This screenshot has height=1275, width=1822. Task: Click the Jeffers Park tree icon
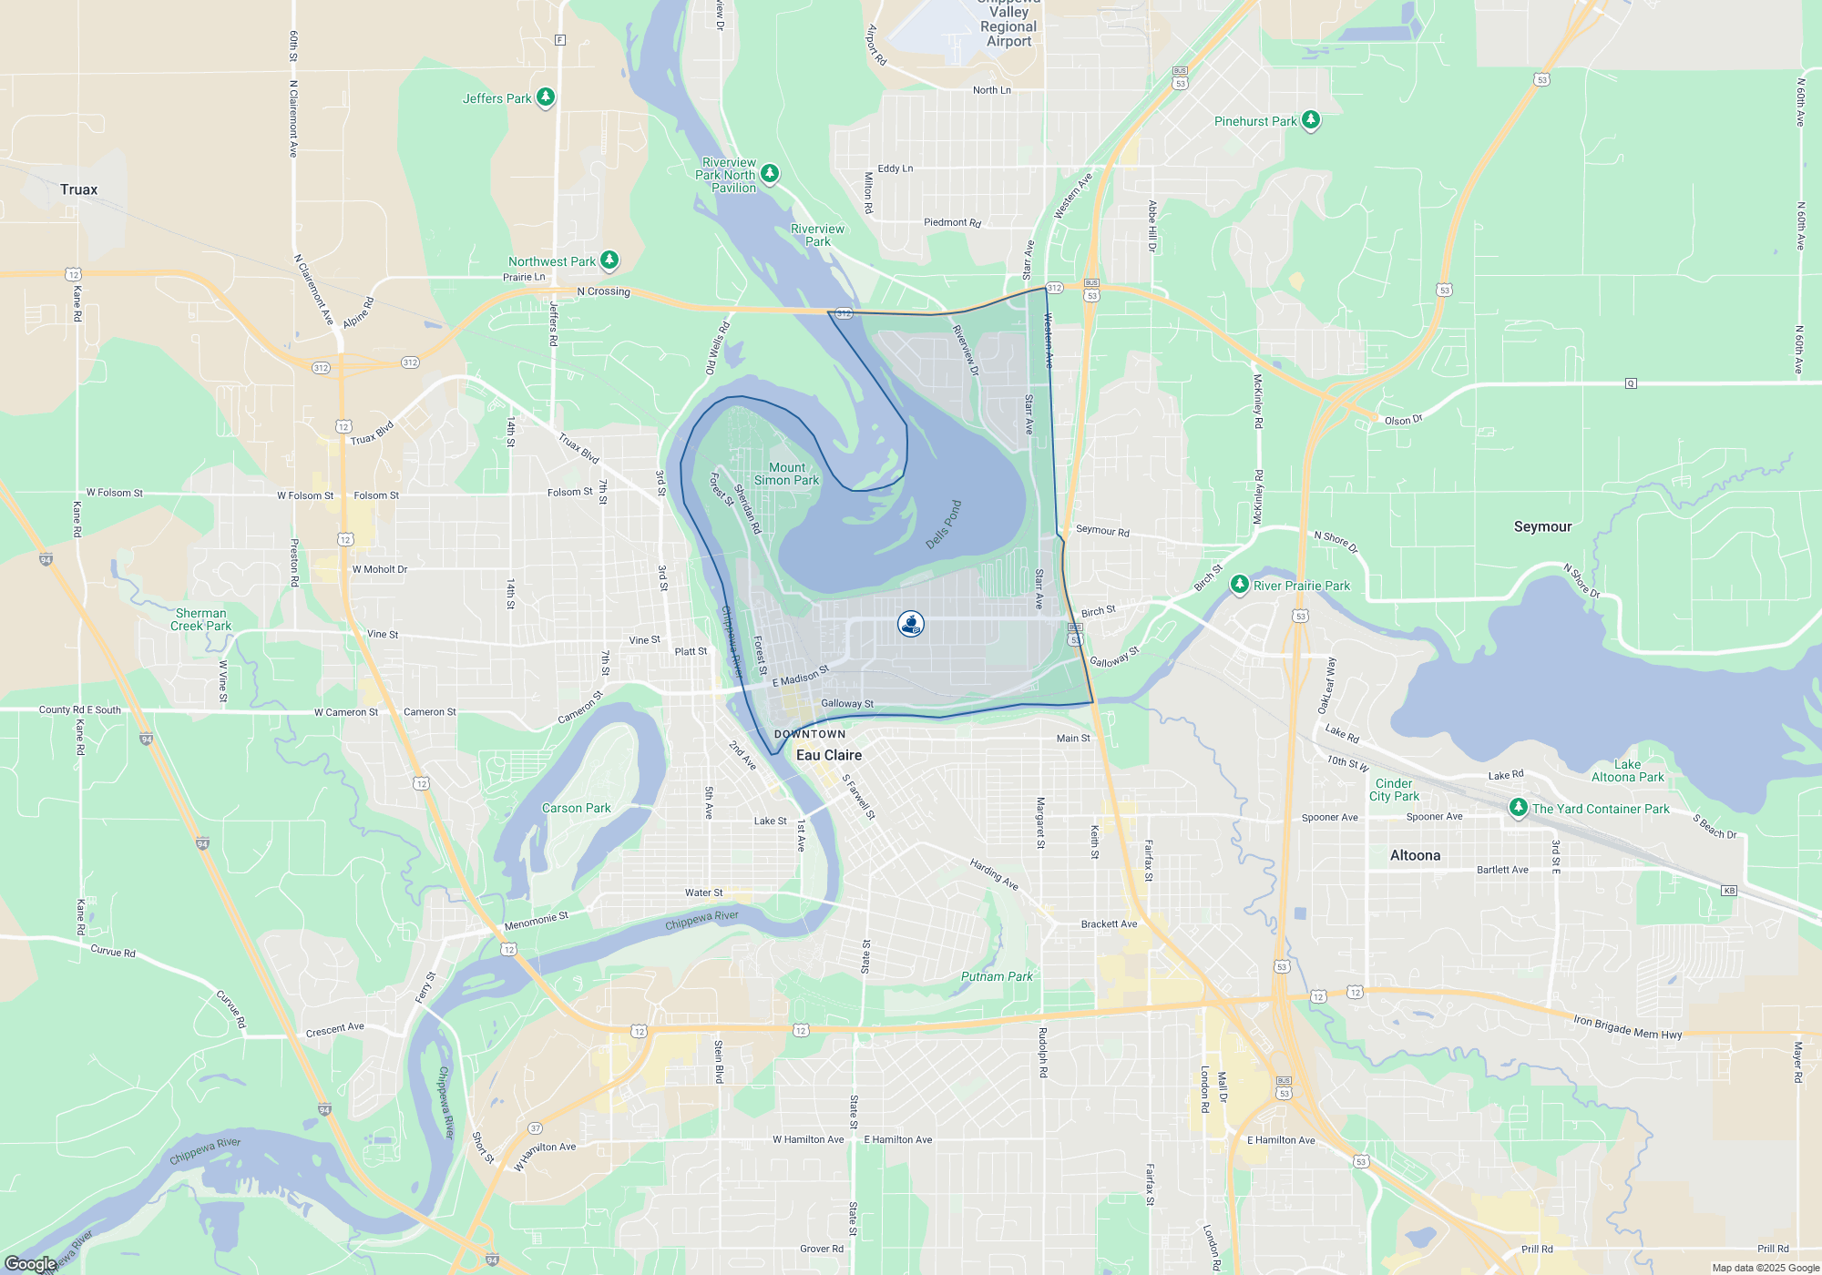coord(546,97)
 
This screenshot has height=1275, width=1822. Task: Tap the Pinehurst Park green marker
coord(1310,119)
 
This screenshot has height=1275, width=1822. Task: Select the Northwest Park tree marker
coord(609,260)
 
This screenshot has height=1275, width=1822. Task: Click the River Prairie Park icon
coord(1239,584)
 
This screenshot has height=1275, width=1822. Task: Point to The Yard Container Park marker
coord(1518,807)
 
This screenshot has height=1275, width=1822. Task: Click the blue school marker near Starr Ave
coord(911,623)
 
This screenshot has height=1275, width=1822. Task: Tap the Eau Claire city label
coord(828,755)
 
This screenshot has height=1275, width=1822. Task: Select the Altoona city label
coord(1415,855)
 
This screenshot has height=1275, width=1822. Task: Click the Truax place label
coord(78,189)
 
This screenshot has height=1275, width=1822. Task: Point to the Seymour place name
coord(1542,526)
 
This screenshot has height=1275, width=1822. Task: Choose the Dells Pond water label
coord(944,525)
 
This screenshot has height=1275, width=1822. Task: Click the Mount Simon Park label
coord(786,474)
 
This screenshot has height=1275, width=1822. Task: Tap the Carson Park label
coord(576,808)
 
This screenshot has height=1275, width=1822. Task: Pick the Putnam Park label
coord(997,976)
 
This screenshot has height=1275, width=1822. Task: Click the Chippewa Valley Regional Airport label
coord(1008,25)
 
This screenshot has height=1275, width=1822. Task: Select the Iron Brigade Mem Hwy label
coord(1627,1026)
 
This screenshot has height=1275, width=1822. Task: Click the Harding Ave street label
coord(993,873)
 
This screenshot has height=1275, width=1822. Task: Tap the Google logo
coord(30,1263)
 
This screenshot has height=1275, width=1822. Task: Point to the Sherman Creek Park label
coord(200,619)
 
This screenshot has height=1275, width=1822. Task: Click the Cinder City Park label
coord(1394,790)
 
